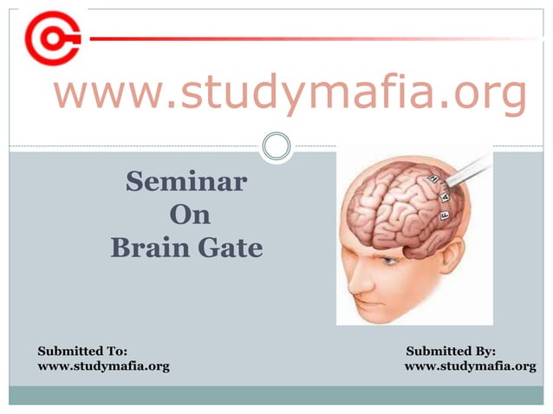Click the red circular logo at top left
(52, 38)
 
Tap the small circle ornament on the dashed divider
(276, 146)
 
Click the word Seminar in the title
(185, 184)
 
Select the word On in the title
(189, 216)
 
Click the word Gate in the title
(228, 249)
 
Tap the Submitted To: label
(82, 351)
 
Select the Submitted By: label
(450, 351)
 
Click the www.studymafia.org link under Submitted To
(103, 367)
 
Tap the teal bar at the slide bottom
(276, 395)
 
